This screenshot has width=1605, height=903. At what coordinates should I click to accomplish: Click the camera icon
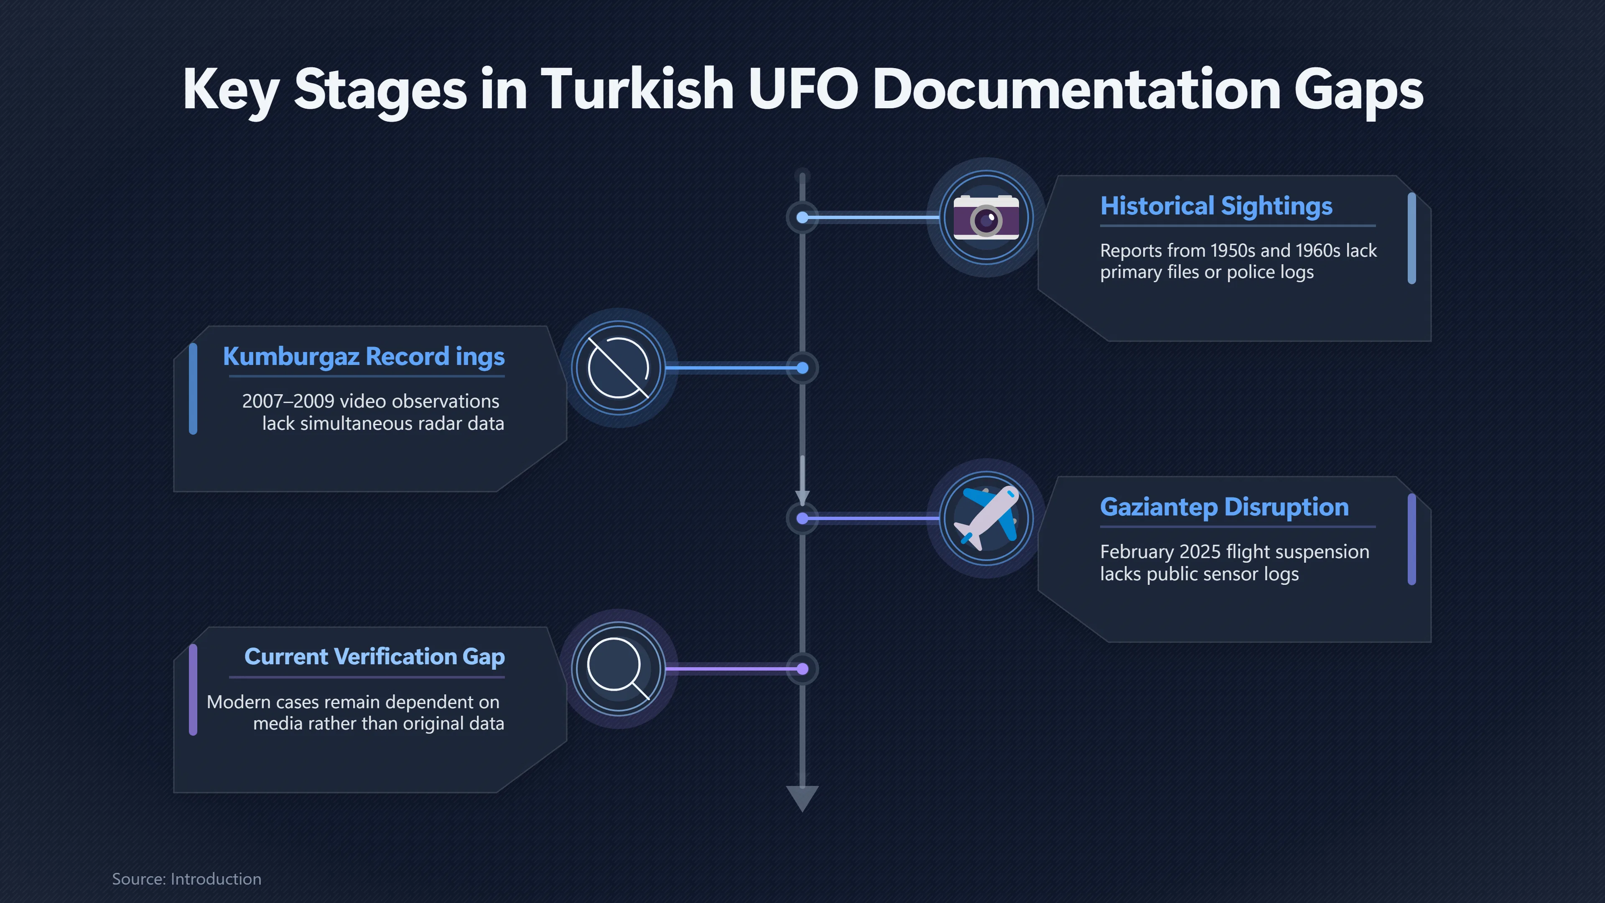pos(986,217)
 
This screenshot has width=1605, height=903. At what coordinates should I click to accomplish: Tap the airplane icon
pos(986,518)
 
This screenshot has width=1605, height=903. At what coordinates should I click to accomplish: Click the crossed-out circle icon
pos(619,368)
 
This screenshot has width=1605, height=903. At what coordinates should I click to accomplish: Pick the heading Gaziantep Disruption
pos(1224,507)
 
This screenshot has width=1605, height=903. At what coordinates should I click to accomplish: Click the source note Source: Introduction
pos(187,879)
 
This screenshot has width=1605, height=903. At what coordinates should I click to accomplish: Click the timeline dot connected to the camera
pos(802,217)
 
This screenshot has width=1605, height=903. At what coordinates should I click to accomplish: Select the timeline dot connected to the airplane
pos(802,518)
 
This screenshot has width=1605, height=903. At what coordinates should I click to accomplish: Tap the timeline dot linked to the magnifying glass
pos(802,669)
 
